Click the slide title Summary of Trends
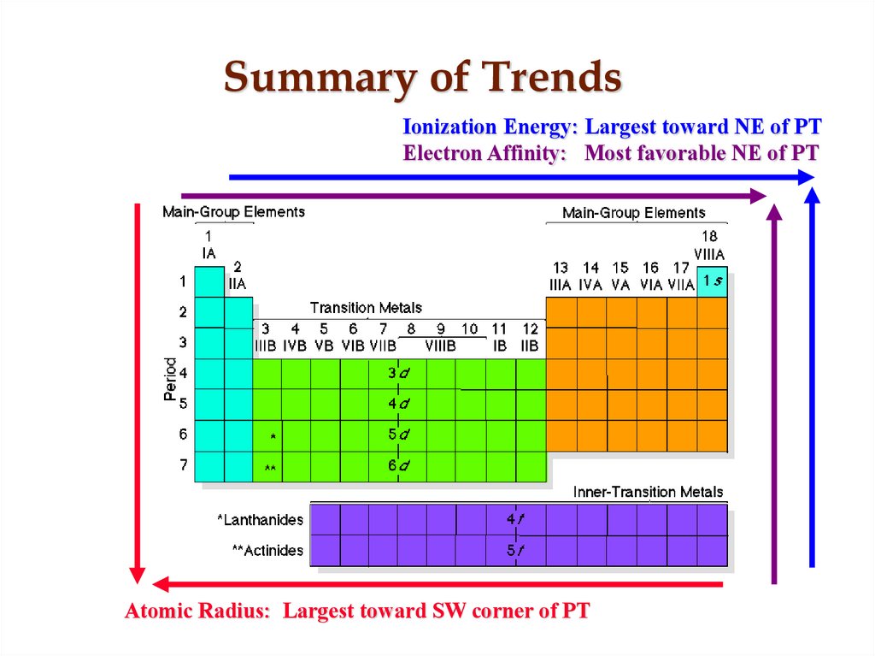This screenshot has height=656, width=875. (x=422, y=78)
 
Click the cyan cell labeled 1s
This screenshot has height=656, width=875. (x=713, y=281)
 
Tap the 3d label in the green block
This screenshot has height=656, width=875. (x=398, y=373)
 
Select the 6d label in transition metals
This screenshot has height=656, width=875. (x=398, y=466)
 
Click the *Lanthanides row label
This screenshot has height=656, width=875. (x=260, y=519)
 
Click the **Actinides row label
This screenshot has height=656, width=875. (x=267, y=551)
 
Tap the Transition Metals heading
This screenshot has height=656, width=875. (x=366, y=308)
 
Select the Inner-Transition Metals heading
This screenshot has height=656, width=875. (x=648, y=492)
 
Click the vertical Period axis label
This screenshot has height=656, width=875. (x=170, y=379)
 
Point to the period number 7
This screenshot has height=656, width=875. (x=183, y=465)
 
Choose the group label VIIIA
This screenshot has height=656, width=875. (x=709, y=254)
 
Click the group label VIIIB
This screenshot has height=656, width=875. (x=440, y=346)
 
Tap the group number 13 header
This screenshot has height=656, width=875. (x=561, y=268)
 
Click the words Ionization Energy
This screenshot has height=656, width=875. (x=490, y=127)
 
